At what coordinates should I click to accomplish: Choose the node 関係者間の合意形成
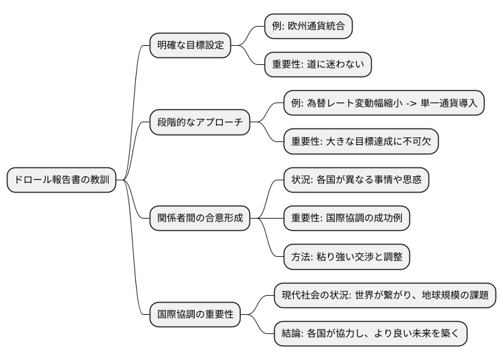(199, 219)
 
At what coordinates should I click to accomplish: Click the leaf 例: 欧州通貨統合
(309, 27)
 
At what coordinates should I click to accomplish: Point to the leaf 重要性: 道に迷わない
(318, 65)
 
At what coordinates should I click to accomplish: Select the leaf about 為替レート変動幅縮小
(384, 104)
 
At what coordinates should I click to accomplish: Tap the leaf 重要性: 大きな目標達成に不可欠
(360, 142)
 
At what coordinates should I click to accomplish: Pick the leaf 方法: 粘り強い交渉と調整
(346, 257)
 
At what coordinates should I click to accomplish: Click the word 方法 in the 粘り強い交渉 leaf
(301, 257)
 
